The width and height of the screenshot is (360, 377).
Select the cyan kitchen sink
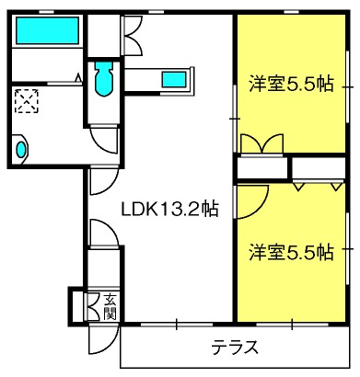(x=173, y=79)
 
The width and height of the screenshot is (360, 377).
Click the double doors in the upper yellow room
(x=261, y=144)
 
